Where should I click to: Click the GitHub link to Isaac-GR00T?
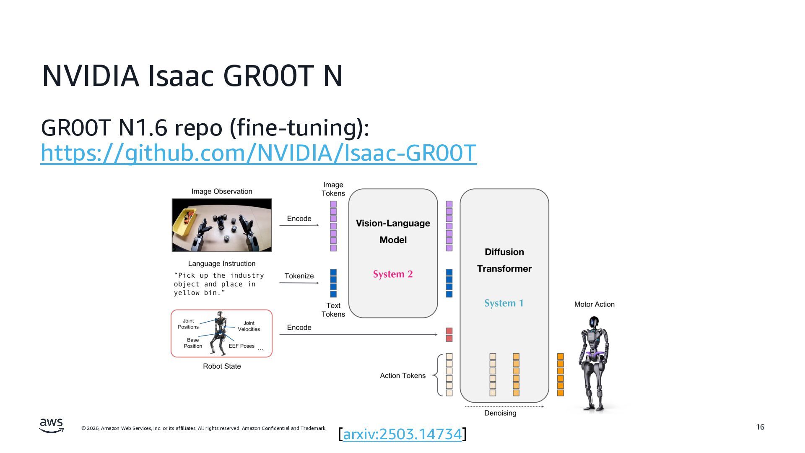(x=258, y=153)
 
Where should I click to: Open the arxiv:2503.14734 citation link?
(x=402, y=434)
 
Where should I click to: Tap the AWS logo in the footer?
(x=52, y=425)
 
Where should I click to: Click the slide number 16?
(x=760, y=427)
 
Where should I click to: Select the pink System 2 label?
(x=393, y=274)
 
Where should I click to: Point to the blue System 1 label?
(x=504, y=303)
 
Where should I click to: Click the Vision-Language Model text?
(x=393, y=231)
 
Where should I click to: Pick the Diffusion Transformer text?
(x=504, y=260)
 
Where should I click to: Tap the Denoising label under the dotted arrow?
(x=500, y=413)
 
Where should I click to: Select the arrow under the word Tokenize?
(x=299, y=283)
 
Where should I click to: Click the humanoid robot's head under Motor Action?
(x=594, y=322)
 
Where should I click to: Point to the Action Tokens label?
(x=402, y=375)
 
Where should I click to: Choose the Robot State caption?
(x=222, y=366)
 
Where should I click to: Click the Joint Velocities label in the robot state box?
(x=249, y=326)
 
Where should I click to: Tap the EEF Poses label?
(x=241, y=346)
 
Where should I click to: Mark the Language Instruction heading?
(x=221, y=263)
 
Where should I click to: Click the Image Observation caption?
(x=221, y=191)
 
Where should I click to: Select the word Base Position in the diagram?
(x=192, y=343)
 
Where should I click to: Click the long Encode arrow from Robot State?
(x=358, y=335)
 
